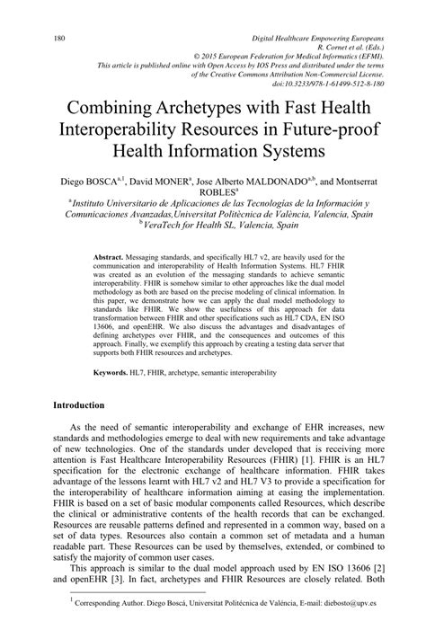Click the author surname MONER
205,180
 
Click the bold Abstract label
109,257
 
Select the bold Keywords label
113,371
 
